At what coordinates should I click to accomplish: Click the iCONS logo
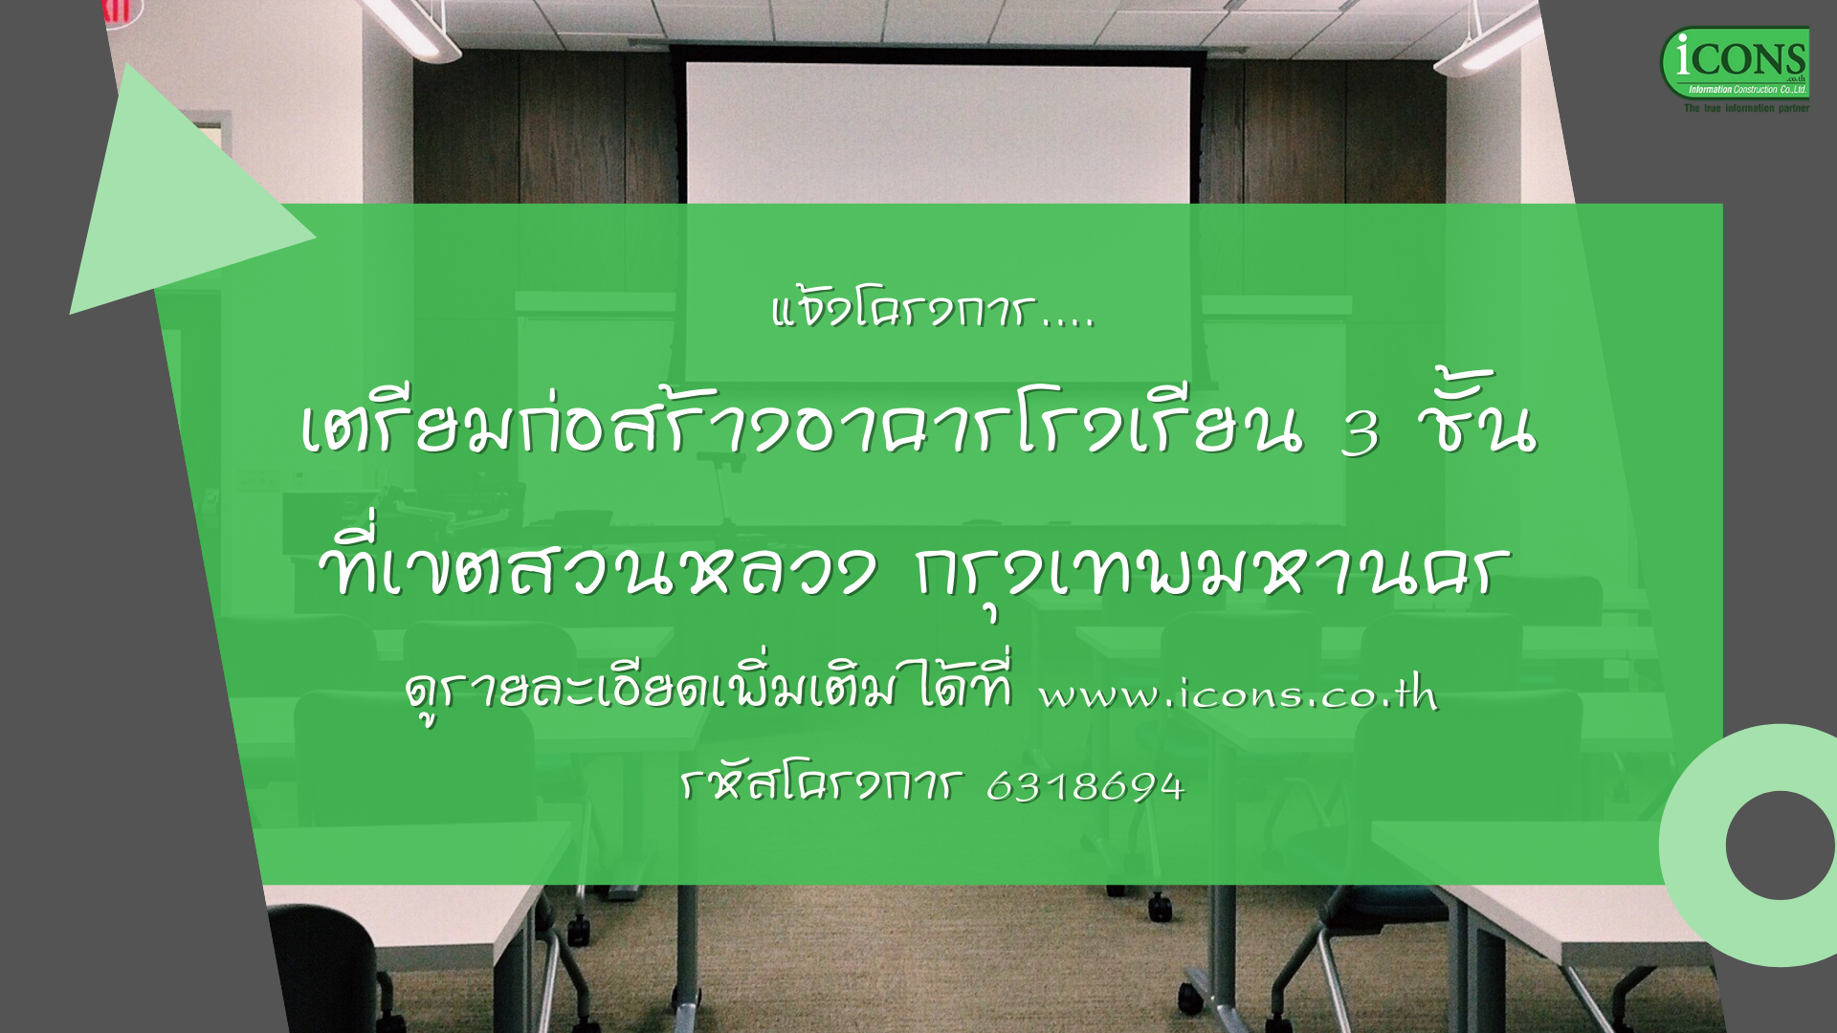coord(1735,64)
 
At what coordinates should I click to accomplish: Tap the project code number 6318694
coord(1085,786)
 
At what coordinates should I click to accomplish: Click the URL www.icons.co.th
coord(1238,692)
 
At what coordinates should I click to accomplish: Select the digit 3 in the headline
coord(1361,433)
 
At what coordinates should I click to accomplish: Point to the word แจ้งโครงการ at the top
coord(902,310)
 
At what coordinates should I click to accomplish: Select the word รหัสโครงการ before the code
coord(819,785)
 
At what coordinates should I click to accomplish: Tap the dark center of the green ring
coord(1780,845)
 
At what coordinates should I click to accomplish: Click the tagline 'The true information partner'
coord(1746,109)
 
